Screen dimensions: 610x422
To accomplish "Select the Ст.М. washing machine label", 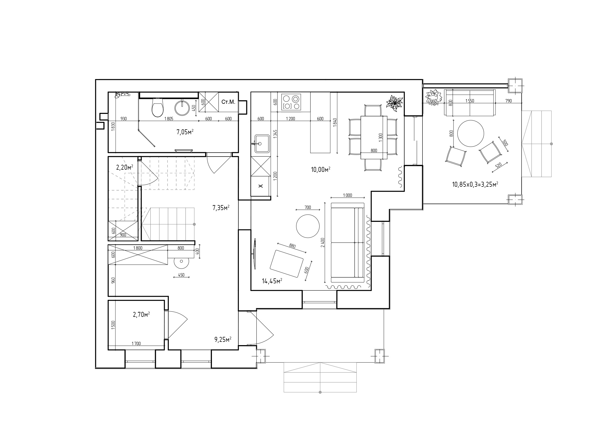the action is (228, 102).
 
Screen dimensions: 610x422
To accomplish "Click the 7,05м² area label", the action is (185, 132).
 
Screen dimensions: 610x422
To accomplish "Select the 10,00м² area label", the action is (320, 169).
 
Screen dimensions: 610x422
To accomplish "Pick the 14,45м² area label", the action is (272, 281).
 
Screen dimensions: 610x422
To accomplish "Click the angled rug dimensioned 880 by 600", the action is (287, 264).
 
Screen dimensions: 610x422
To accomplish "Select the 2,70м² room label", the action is (141, 315).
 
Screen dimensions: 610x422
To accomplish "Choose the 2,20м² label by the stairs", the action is (125, 167).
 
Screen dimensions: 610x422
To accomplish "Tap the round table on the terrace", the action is (471, 134).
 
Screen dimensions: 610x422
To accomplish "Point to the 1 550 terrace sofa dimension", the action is (470, 101).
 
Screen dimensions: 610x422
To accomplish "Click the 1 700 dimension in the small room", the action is (136, 343).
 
